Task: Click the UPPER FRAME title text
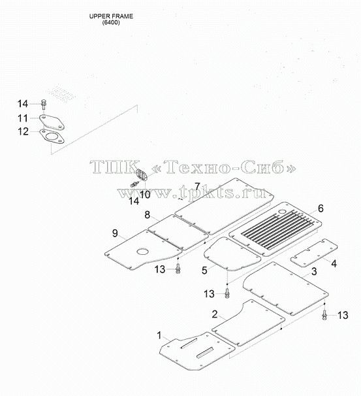click(111, 16)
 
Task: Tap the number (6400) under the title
click(111, 22)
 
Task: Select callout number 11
click(23, 118)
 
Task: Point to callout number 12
click(23, 131)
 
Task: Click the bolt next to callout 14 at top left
click(43, 104)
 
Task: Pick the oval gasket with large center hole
click(52, 137)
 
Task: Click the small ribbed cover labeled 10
click(142, 174)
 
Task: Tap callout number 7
click(197, 187)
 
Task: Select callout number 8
click(148, 215)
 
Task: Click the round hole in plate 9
click(143, 252)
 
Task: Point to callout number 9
click(115, 233)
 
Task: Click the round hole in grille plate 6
click(282, 212)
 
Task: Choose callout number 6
click(321, 208)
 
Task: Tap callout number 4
click(334, 263)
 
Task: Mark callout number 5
click(204, 271)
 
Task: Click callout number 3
click(314, 271)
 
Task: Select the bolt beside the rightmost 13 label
click(324, 316)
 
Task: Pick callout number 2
click(214, 314)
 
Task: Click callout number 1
click(159, 336)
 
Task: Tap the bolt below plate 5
click(227, 293)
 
